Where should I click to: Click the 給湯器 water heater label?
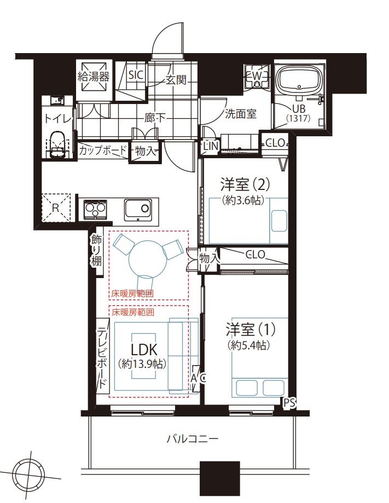point(94,76)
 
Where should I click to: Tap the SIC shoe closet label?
point(136,75)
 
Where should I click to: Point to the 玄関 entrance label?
point(176,79)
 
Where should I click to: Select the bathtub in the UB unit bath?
point(299,80)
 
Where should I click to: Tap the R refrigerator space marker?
point(55,208)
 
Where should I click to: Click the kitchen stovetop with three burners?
point(95,210)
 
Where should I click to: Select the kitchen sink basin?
point(137,209)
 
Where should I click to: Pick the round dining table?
point(148,259)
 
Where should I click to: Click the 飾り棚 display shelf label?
point(96,251)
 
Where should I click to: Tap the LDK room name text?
point(144,349)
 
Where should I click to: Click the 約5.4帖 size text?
point(248,345)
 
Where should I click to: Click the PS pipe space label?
point(289,403)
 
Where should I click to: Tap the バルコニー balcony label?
point(193,438)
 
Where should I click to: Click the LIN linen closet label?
point(211,146)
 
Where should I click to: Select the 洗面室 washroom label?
point(241,113)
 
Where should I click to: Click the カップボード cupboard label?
point(103,150)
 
